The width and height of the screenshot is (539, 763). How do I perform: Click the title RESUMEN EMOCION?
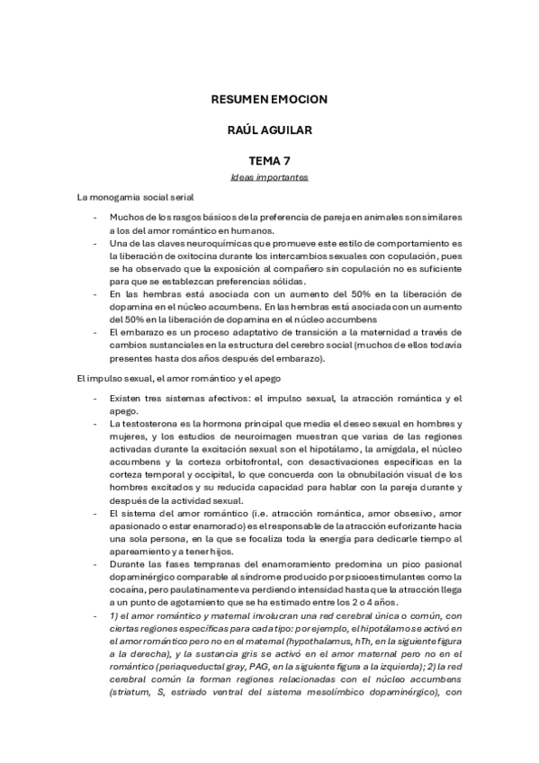[269, 99]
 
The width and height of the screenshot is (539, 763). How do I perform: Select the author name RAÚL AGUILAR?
[269, 131]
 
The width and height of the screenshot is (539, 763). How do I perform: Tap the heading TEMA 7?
[269, 162]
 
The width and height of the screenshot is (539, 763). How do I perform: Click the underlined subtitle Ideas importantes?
[269, 177]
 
